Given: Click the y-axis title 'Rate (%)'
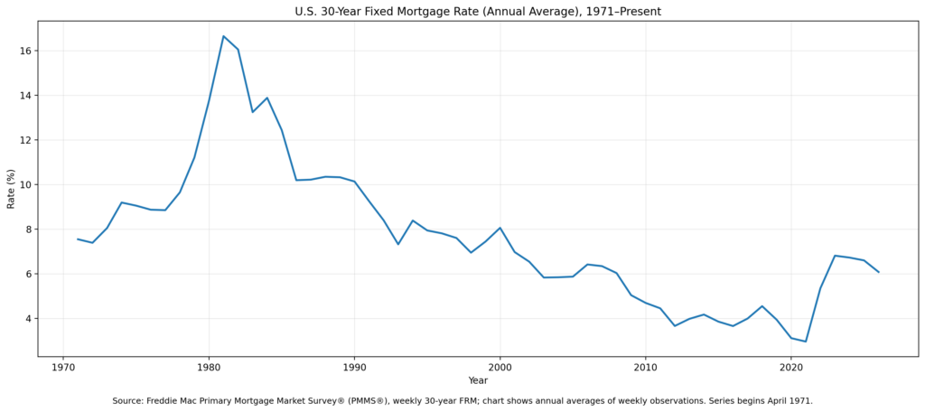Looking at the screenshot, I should click(11, 188).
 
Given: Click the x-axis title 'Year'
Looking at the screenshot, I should click(478, 380).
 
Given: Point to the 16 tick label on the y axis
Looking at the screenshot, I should click(25, 51).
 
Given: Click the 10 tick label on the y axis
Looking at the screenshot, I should click(25, 184).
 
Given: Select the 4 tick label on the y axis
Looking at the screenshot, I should click(28, 319).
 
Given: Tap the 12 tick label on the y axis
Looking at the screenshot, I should click(25, 140).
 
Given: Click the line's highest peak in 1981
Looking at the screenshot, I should click(223, 36).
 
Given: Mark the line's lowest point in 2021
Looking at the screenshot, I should click(806, 342).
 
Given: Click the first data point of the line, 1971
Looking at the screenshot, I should click(78, 239).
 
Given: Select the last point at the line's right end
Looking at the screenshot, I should click(878, 272).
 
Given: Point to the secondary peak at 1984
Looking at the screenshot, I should click(266, 98).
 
